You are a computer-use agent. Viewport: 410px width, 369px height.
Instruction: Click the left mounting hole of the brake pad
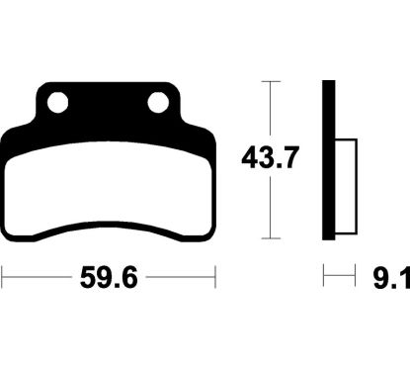tap(57, 103)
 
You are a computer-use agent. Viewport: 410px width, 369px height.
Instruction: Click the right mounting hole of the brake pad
tap(158, 103)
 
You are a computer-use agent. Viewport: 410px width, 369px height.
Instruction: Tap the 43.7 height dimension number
tap(270, 157)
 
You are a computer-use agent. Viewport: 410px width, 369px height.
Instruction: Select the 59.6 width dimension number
tap(109, 277)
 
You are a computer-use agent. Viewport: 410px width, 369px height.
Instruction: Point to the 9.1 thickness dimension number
tap(392, 278)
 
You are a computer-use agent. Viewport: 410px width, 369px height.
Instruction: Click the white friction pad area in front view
tap(108, 190)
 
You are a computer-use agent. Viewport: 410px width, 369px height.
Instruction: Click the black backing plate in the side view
tap(328, 160)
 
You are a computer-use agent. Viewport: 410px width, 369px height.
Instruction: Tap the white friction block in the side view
tap(346, 187)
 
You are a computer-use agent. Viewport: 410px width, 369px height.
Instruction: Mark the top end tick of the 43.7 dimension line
tap(271, 81)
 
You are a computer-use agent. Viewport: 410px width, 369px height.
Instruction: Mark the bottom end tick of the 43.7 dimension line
tap(271, 238)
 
